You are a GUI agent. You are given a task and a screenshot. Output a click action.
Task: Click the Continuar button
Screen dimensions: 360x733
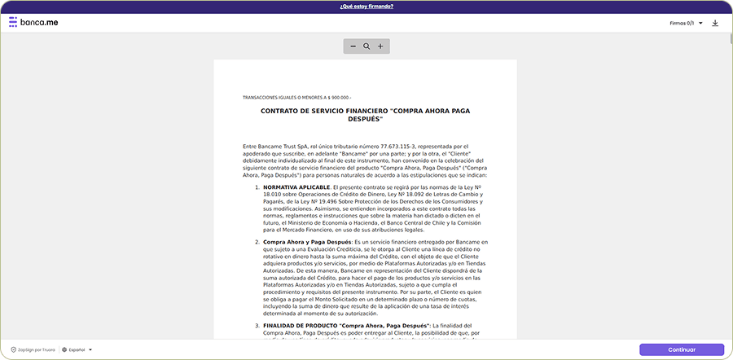pos(681,349)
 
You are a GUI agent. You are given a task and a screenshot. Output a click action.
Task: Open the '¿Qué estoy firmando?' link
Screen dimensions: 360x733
pos(366,6)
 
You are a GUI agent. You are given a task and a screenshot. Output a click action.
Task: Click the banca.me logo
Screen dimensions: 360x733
pos(33,23)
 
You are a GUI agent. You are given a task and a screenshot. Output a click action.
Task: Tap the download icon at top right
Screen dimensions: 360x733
pos(715,23)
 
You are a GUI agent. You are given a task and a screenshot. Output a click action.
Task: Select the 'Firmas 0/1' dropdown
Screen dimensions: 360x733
pos(683,23)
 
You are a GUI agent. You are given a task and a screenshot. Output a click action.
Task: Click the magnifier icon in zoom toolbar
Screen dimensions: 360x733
pos(366,46)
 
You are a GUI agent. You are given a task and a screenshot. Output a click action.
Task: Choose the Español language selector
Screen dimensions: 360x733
pos(77,349)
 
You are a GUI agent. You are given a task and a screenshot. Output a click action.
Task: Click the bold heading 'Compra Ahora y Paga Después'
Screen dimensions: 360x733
pos(306,242)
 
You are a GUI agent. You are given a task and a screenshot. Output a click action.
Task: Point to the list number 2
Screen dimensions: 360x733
pos(257,242)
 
